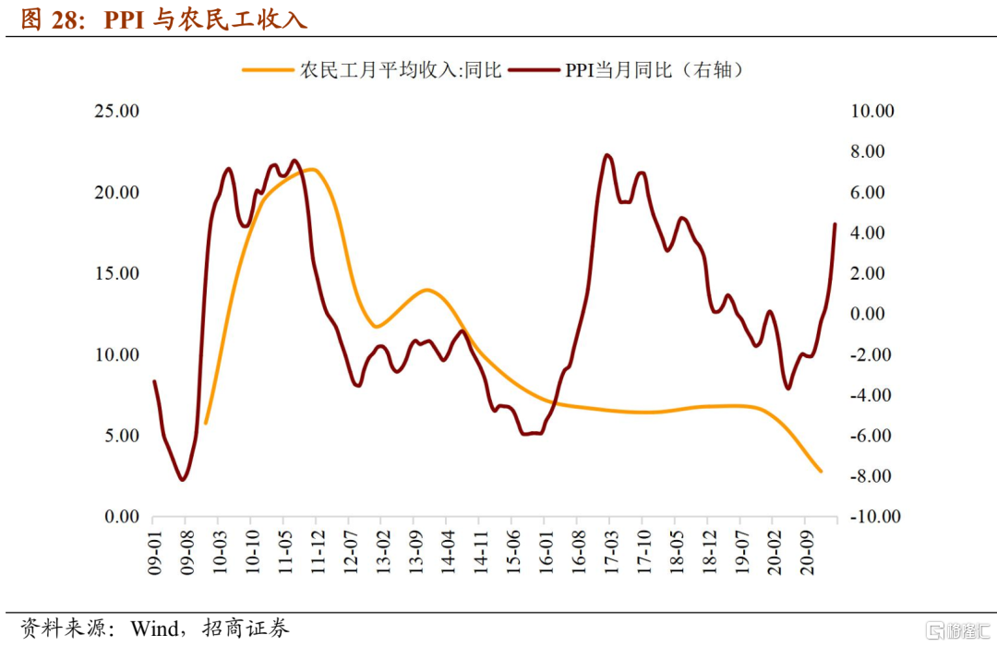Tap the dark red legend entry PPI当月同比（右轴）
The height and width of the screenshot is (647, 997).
655,70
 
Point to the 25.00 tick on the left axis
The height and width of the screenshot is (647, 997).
116,111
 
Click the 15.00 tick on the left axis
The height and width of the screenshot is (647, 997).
116,273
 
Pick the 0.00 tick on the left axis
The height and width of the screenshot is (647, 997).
120,517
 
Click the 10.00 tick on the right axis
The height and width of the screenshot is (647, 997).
872,111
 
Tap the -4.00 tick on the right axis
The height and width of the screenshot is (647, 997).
872,395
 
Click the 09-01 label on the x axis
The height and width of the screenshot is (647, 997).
155,552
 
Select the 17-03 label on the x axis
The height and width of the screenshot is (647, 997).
609,552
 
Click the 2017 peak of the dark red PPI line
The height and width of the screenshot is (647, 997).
607,155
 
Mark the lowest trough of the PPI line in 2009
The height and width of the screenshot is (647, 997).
183,480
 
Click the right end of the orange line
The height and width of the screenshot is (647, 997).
821,472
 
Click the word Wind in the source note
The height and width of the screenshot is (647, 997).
155,629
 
